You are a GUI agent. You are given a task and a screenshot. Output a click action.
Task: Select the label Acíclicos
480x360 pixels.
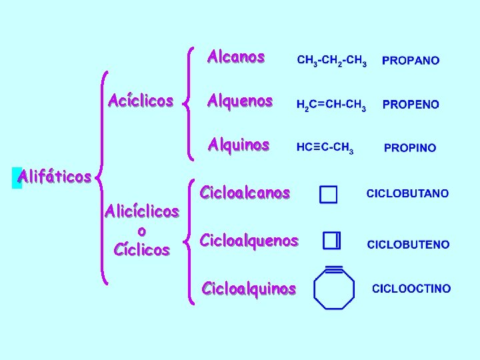click(x=141, y=101)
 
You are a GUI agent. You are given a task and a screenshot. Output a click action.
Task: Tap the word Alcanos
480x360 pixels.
click(x=236, y=57)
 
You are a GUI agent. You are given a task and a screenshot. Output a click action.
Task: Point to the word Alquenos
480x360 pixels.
click(x=239, y=101)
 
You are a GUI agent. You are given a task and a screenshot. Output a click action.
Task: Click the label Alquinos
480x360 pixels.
click(x=238, y=145)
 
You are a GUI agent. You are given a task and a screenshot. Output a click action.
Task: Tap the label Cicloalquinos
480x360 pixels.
click(x=249, y=289)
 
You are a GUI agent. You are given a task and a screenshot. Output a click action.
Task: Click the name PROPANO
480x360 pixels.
click(x=411, y=61)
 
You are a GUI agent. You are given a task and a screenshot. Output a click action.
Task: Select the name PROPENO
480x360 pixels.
click(x=411, y=105)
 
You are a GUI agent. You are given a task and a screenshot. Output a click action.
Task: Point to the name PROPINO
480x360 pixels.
click(x=410, y=148)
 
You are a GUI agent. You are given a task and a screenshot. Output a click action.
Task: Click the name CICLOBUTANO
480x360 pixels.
click(x=407, y=194)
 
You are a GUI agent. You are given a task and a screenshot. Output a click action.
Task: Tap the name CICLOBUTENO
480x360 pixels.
click(x=408, y=245)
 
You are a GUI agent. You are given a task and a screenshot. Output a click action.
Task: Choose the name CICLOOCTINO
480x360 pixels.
click(x=411, y=289)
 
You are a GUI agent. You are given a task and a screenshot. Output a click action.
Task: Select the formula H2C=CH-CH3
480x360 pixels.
click(x=331, y=105)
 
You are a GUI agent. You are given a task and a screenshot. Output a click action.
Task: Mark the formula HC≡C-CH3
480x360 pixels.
click(x=325, y=148)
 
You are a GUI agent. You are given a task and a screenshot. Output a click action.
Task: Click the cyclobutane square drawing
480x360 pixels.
click(x=329, y=194)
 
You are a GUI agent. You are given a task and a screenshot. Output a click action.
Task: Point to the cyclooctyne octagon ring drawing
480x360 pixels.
click(x=333, y=288)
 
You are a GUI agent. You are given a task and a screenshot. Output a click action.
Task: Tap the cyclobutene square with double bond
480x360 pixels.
click(x=331, y=241)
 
